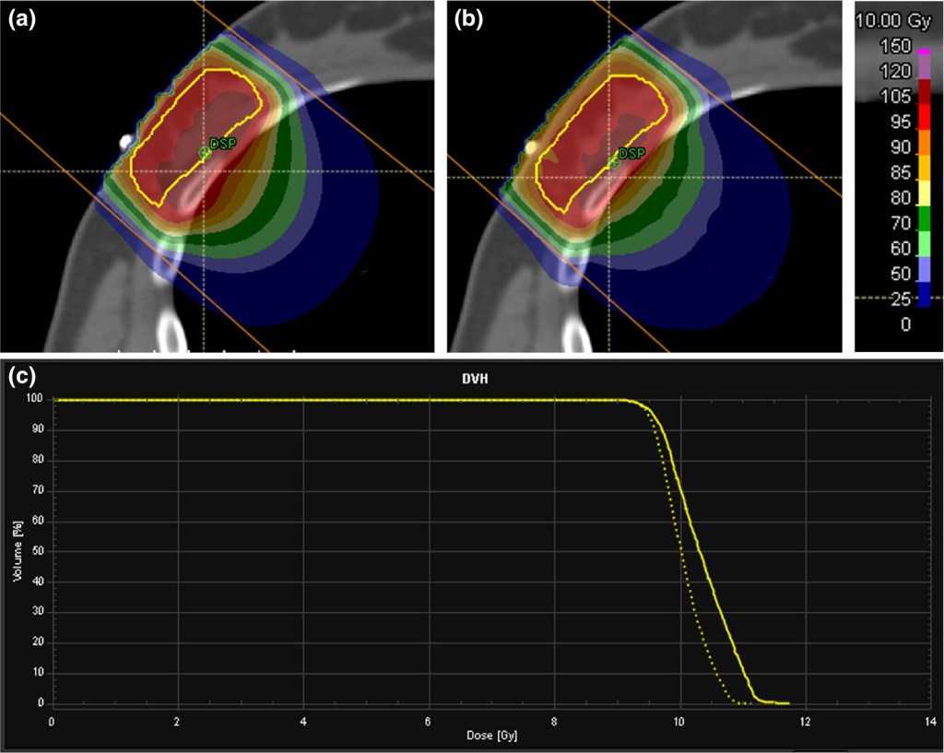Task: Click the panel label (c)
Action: click(22, 377)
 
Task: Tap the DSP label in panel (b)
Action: click(631, 153)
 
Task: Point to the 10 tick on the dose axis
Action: click(679, 723)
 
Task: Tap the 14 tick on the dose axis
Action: click(931, 723)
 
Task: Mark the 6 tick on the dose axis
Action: click(429, 723)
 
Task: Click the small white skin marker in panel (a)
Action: click(124, 144)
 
